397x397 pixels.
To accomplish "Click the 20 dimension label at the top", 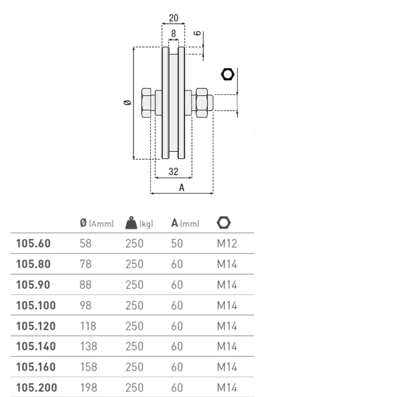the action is pyautogui.click(x=174, y=18).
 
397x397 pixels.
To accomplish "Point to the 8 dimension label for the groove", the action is pyautogui.click(x=174, y=33).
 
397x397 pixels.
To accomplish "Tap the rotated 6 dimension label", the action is pyautogui.click(x=197, y=33).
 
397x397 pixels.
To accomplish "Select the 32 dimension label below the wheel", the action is pyautogui.click(x=174, y=172).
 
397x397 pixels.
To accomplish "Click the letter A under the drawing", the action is pyautogui.click(x=182, y=187).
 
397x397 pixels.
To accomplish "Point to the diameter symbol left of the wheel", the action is pyautogui.click(x=128, y=102).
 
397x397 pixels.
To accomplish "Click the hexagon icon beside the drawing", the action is pyautogui.click(x=228, y=75).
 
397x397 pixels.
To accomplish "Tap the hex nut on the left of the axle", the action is pyautogui.click(x=146, y=103).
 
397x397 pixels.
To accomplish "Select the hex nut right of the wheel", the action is pyautogui.click(x=202, y=103).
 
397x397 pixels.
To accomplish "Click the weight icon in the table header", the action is pyautogui.click(x=131, y=223).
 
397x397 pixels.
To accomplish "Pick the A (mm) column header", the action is pyautogui.click(x=185, y=223).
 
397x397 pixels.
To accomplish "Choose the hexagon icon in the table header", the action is pyautogui.click(x=223, y=223).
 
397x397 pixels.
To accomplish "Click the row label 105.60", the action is pyautogui.click(x=33, y=243).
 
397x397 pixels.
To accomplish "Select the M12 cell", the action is pyautogui.click(x=227, y=243).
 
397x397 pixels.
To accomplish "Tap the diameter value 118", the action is pyautogui.click(x=88, y=326).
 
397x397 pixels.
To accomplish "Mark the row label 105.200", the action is pyautogui.click(x=37, y=387).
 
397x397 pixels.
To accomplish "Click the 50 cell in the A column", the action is pyautogui.click(x=177, y=243).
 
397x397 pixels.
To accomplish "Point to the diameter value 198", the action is pyautogui.click(x=88, y=387).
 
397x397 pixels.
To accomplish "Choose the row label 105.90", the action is pyautogui.click(x=33, y=285).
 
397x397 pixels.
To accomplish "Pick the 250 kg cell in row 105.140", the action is pyautogui.click(x=134, y=346).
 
